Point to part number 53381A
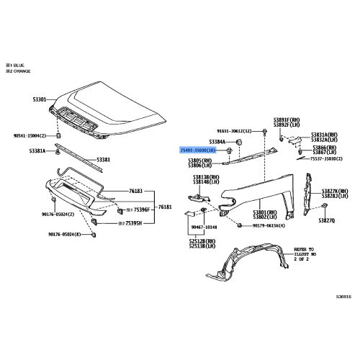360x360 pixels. [x=39, y=151]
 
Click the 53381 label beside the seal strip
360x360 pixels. [x=104, y=159]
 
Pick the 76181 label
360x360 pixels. [x=166, y=207]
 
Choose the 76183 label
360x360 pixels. [x=136, y=192]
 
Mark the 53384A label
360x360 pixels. [x=218, y=142]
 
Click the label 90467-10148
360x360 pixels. [x=204, y=226]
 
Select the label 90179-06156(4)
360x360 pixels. [x=269, y=226]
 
